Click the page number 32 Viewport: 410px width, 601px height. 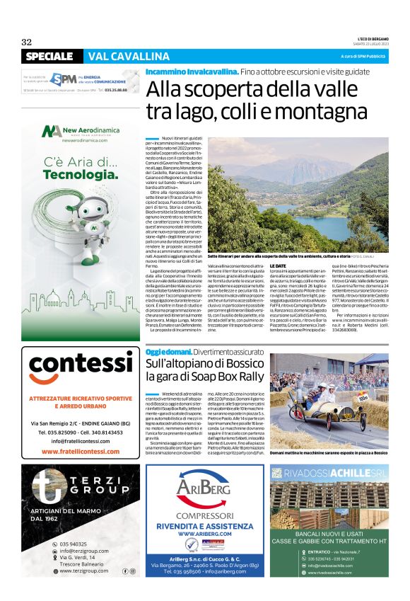tap(27, 42)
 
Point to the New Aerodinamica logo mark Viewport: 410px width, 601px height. tap(50, 132)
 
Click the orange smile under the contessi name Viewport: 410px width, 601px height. tap(81, 382)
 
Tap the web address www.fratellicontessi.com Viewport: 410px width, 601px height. tap(81, 450)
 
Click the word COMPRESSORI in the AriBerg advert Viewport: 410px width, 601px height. tap(205, 515)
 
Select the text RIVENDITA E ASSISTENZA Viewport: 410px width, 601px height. tap(205, 527)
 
